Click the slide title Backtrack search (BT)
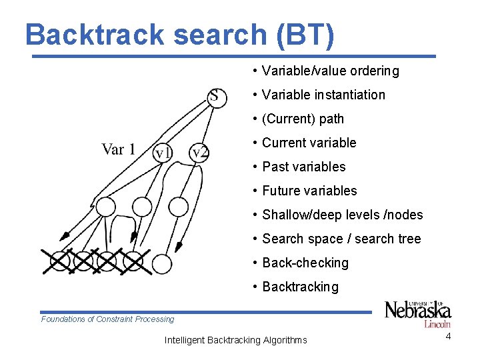point(180,35)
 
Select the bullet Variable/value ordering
point(330,71)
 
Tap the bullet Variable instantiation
point(323,95)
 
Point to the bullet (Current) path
point(303,119)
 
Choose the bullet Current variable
point(309,143)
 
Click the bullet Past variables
point(303,167)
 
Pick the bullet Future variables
point(309,191)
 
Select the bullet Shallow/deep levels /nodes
point(342,215)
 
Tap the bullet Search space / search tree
point(341,239)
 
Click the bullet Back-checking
point(305,263)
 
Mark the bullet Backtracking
point(300,287)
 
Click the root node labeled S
point(215,96)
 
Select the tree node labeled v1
point(163,153)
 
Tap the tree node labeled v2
point(199,153)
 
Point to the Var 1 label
point(118,149)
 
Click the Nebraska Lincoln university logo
point(418,313)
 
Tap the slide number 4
point(449,336)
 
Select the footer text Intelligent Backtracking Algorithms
point(235,340)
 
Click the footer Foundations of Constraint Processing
point(107,319)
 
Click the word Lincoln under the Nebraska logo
point(437,324)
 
